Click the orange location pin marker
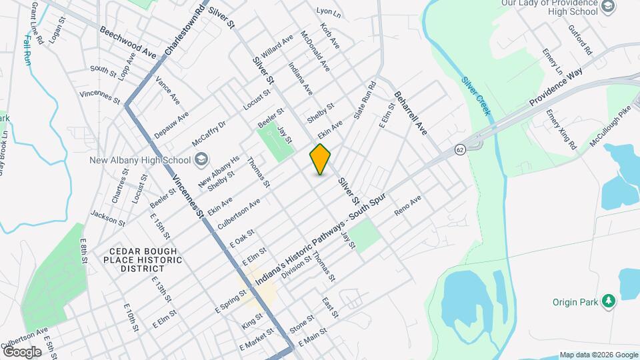(x=321, y=159)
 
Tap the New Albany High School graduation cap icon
(x=201, y=161)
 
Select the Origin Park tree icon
(x=607, y=301)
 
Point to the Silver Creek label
(x=476, y=96)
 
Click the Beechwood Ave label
(x=128, y=41)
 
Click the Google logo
(x=22, y=351)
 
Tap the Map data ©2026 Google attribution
(x=597, y=355)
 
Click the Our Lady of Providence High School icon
(x=607, y=7)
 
